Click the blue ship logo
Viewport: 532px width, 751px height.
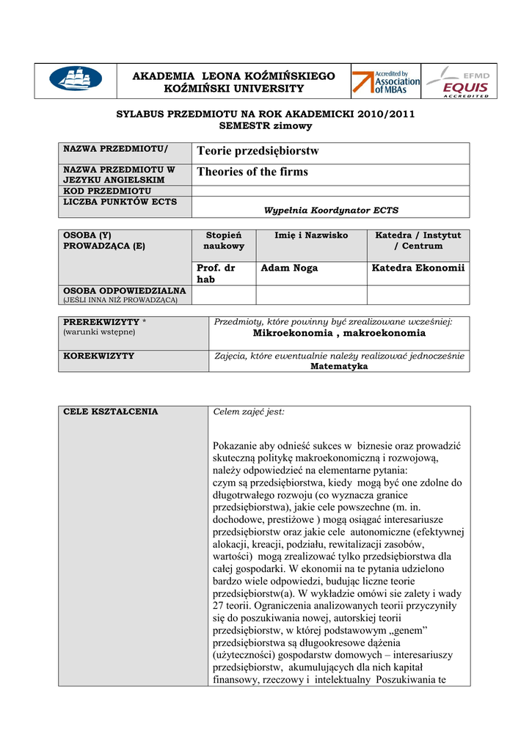[76, 78]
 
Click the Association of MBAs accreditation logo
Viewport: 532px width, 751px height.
[386, 81]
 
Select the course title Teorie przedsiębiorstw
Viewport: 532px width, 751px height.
[258, 151]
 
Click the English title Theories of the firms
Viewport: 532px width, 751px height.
[252, 172]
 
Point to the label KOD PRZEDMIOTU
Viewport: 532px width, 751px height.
[107, 191]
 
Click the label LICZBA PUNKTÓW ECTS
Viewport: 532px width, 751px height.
[120, 202]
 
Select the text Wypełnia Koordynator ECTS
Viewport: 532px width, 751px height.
[331, 210]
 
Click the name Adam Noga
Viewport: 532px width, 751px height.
[289, 268]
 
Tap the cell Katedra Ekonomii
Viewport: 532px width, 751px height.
[418, 268]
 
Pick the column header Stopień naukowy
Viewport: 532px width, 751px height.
[224, 241]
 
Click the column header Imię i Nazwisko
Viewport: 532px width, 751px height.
[311, 235]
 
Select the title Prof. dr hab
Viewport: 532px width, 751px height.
[216, 274]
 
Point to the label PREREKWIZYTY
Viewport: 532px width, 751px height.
[101, 322]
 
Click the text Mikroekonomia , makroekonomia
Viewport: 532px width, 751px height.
[339, 333]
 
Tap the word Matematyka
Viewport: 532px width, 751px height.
[339, 366]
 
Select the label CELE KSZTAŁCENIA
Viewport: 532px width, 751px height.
[111, 411]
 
